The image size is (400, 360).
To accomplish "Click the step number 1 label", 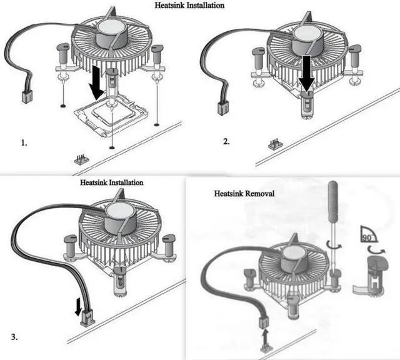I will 24,143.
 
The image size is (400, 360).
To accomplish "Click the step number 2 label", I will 226,142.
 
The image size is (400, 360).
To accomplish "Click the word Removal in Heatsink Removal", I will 257,194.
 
